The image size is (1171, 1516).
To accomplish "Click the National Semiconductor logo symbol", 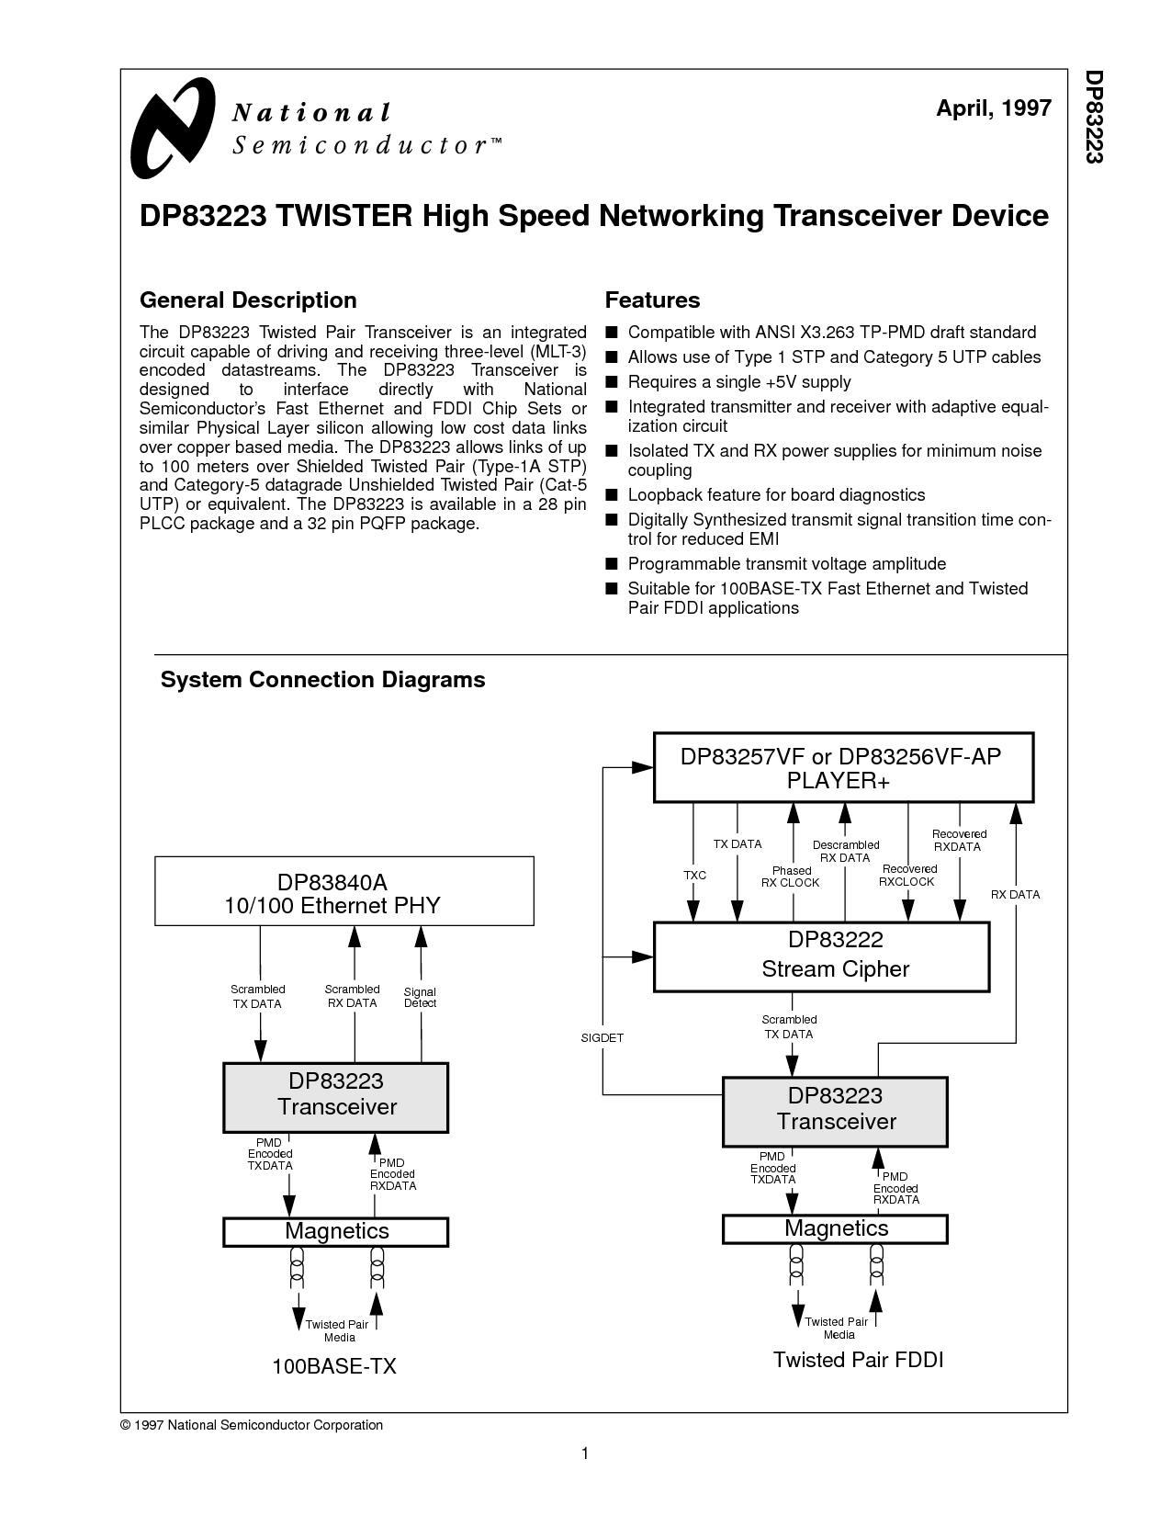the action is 173,128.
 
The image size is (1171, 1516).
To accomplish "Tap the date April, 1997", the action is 993,108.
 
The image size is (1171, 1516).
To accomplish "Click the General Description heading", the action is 248,300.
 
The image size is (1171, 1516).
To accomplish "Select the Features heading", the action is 652,300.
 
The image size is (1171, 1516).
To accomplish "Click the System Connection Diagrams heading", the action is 323,680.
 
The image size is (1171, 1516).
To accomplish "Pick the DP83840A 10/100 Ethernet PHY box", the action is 344,891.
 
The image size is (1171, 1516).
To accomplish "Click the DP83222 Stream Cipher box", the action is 822,956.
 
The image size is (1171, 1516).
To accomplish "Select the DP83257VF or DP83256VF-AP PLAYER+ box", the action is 843,767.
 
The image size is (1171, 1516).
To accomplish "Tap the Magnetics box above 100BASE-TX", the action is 335,1231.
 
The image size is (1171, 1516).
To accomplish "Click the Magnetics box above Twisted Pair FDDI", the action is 835,1228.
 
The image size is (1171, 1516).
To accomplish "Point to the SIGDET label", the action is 602,1037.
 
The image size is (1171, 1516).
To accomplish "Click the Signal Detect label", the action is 420,997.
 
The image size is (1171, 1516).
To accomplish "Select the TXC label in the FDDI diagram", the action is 694,875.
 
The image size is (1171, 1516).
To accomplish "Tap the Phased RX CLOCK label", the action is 790,877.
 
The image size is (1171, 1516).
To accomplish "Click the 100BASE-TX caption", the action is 334,1365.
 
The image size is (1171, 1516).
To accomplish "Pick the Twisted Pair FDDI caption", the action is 858,1359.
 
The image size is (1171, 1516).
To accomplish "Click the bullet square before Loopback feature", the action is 612,494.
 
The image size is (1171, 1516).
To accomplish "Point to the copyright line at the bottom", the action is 252,1425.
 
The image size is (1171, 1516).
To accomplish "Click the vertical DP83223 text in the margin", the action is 1094,117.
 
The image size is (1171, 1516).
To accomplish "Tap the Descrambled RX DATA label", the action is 845,851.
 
